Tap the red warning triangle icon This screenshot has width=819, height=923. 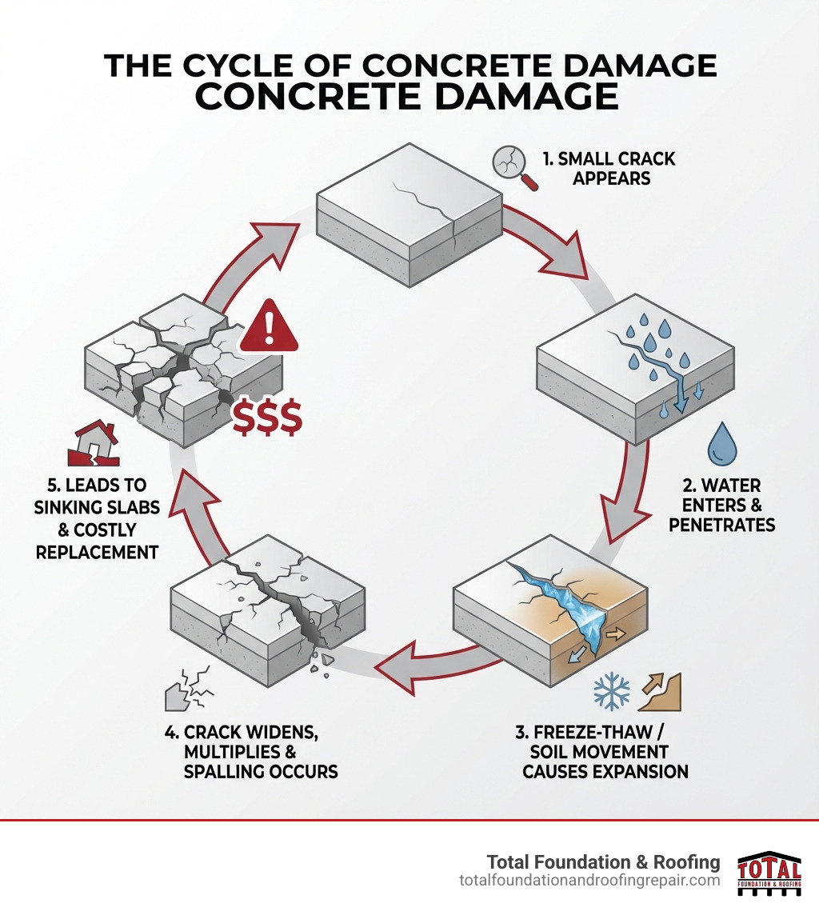click(x=269, y=328)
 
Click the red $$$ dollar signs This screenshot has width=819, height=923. click(x=267, y=418)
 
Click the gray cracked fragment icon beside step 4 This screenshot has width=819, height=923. click(x=186, y=689)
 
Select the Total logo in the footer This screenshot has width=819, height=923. click(x=769, y=873)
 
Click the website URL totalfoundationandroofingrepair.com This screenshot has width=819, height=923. click(x=589, y=881)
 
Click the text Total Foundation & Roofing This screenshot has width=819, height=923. click(x=603, y=861)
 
